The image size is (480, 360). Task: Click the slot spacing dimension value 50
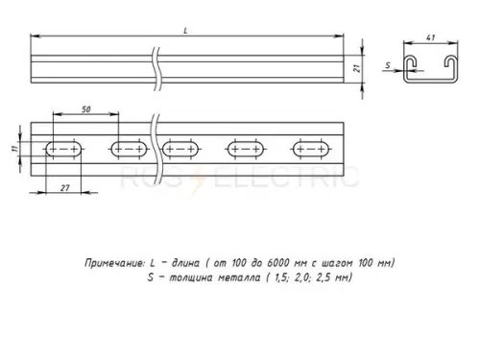[x=85, y=113]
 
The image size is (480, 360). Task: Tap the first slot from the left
[x=61, y=151]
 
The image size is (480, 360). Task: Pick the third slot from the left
[x=181, y=151]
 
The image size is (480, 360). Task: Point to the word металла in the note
[x=243, y=277]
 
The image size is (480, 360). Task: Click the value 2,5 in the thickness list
[x=329, y=277]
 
